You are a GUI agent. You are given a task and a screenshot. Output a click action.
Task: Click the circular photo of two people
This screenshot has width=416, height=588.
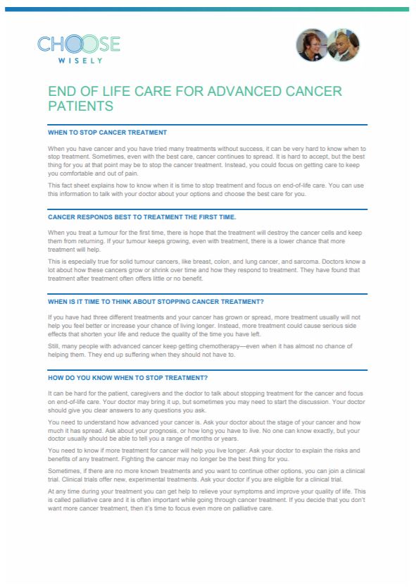328,44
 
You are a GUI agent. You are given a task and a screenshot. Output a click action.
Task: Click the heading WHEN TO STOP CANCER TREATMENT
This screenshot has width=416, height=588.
107,133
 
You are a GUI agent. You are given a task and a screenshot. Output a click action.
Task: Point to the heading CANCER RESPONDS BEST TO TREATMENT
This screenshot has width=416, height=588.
141,216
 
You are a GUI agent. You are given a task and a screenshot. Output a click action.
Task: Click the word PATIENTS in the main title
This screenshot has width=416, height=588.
80,106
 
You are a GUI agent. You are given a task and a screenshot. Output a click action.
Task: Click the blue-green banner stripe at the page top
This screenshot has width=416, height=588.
208,8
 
